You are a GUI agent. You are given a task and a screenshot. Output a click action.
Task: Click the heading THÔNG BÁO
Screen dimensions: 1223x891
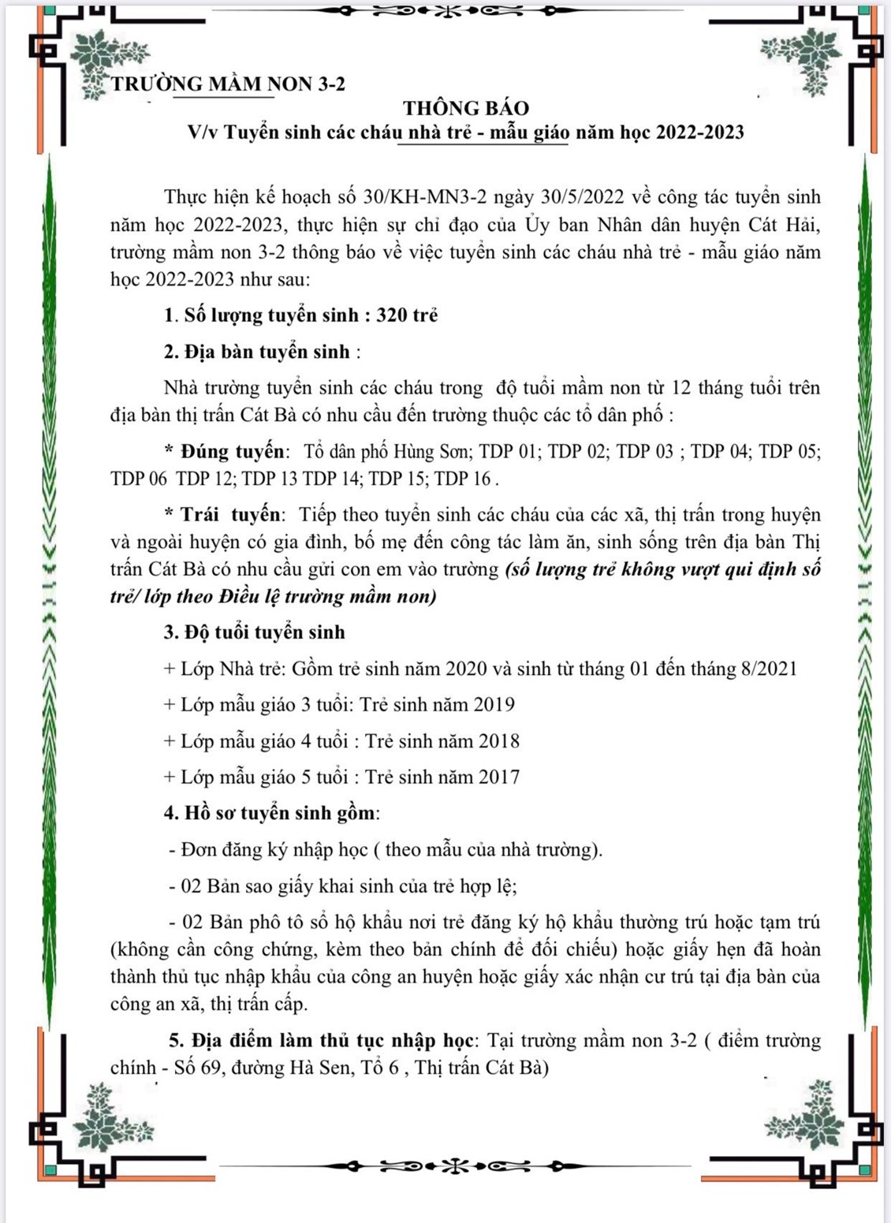[x=465, y=108]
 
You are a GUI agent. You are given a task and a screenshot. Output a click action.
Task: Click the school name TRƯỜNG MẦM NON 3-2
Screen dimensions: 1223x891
[x=228, y=84]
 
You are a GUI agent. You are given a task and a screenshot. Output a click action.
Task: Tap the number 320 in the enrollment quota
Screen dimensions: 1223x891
[x=391, y=315]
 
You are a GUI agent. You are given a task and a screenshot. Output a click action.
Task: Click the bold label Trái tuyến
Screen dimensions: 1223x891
[x=230, y=515]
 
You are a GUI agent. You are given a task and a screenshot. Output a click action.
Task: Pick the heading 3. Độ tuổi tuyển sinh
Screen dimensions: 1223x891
[x=254, y=632]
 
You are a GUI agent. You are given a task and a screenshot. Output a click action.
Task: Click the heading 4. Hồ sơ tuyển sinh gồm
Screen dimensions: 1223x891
[x=271, y=813]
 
